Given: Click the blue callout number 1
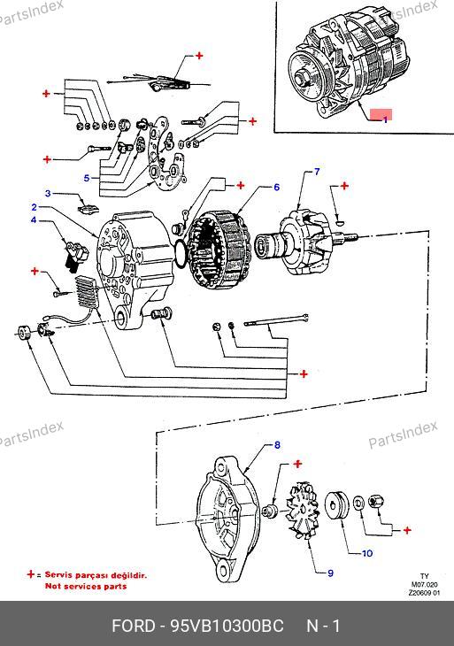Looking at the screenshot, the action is [x=385, y=119].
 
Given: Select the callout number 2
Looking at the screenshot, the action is [x=35, y=207].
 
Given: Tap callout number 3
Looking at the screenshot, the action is [x=48, y=193].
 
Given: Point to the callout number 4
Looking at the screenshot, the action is [x=34, y=220].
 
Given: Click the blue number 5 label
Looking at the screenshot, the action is [x=87, y=178].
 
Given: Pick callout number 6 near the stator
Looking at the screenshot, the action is [x=276, y=188].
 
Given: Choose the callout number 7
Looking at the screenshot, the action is [x=317, y=172].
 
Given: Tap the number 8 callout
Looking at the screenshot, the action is [x=277, y=445].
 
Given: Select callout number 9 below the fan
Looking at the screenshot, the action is [x=330, y=573].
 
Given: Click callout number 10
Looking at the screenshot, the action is [x=367, y=553].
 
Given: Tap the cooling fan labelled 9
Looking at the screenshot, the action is [x=303, y=511].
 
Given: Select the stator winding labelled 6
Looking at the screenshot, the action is [x=219, y=251].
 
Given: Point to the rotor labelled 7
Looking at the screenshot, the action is [x=304, y=243].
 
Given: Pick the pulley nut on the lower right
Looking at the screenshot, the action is [x=376, y=501].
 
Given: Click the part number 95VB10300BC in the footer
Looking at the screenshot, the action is [x=227, y=626].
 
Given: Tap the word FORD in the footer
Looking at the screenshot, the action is [x=134, y=626].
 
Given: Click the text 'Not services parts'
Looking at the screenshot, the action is [x=86, y=586].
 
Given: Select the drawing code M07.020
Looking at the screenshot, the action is [x=424, y=584].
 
